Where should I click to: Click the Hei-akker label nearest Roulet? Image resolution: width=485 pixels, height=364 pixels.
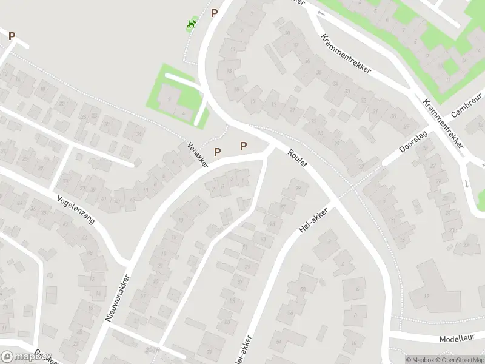pyautogui.click(x=313, y=222)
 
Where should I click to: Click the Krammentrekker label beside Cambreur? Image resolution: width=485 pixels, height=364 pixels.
pyautogui.click(x=443, y=124)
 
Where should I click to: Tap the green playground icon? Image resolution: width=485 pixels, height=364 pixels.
pyautogui.click(x=192, y=24)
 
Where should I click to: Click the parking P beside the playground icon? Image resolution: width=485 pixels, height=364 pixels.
pyautogui.click(x=214, y=13)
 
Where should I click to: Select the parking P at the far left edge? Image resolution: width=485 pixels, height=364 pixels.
pyautogui.click(x=12, y=36)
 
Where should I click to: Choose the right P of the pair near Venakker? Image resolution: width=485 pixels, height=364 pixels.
pyautogui.click(x=244, y=146)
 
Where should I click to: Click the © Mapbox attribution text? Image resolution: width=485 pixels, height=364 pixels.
pyautogui.click(x=420, y=360)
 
